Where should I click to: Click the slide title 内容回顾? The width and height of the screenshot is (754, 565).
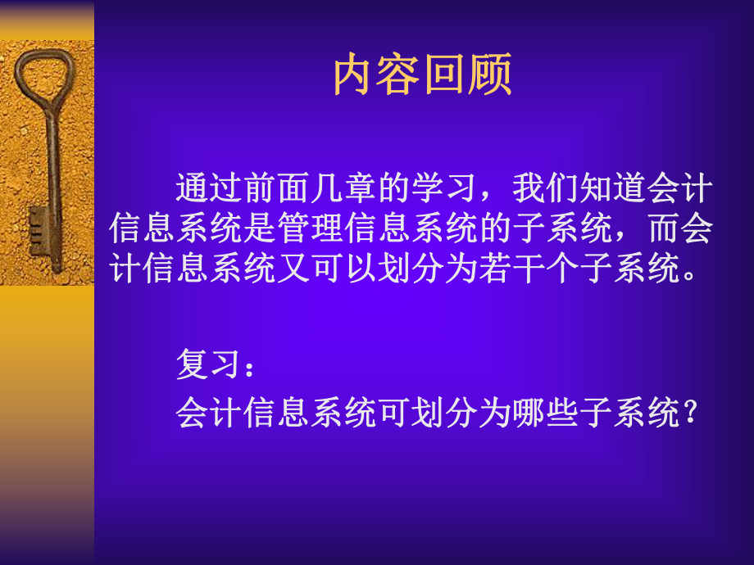pyautogui.click(x=422, y=76)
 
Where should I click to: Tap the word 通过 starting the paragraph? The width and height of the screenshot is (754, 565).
pyautogui.click(x=209, y=191)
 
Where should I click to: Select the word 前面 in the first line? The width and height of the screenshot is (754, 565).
pyautogui.click(x=276, y=191)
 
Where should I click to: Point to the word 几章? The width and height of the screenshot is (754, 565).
pyautogui.click(x=343, y=191)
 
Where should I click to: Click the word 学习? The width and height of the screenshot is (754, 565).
pyautogui.click(x=444, y=191)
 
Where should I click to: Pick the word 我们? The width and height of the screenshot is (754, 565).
pyautogui.click(x=546, y=191)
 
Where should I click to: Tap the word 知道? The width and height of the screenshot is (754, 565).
pyautogui.click(x=613, y=191)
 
